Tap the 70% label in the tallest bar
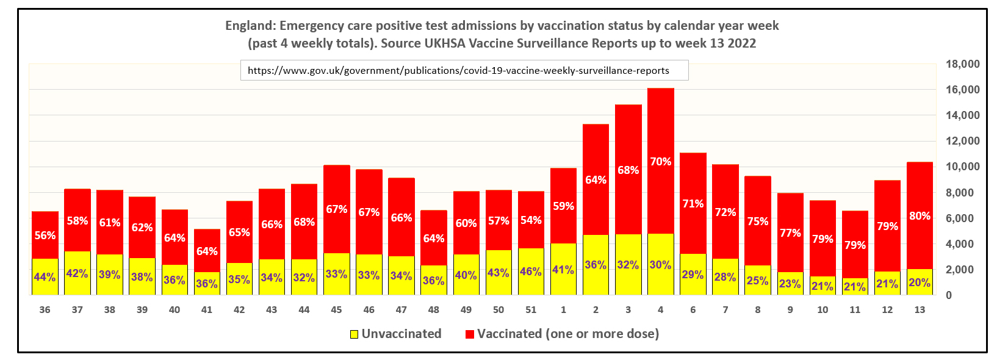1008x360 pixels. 660,162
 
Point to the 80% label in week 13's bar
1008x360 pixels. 920,216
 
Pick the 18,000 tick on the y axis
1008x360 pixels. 962,64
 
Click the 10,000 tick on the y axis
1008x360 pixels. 962,167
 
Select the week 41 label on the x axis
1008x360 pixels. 207,310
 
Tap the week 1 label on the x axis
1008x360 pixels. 563,310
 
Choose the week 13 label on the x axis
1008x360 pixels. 920,310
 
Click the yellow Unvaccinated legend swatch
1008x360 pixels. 354,334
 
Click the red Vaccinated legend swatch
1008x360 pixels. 469,334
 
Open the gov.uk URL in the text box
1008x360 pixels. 458,70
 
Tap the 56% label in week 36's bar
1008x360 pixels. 45,236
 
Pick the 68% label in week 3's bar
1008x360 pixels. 628,170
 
